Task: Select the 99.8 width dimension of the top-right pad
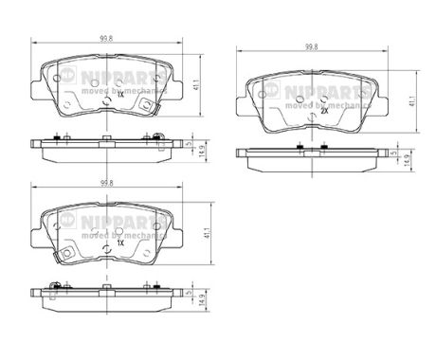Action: point(310,45)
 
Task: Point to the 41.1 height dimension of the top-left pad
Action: point(194,85)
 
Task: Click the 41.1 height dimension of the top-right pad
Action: point(410,100)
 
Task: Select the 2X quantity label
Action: point(324,111)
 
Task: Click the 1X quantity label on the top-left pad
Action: point(120,96)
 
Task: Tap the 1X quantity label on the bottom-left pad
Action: point(120,243)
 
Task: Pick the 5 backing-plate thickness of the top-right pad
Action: point(391,153)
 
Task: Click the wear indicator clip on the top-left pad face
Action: point(144,106)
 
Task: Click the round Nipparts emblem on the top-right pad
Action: point(269,89)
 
